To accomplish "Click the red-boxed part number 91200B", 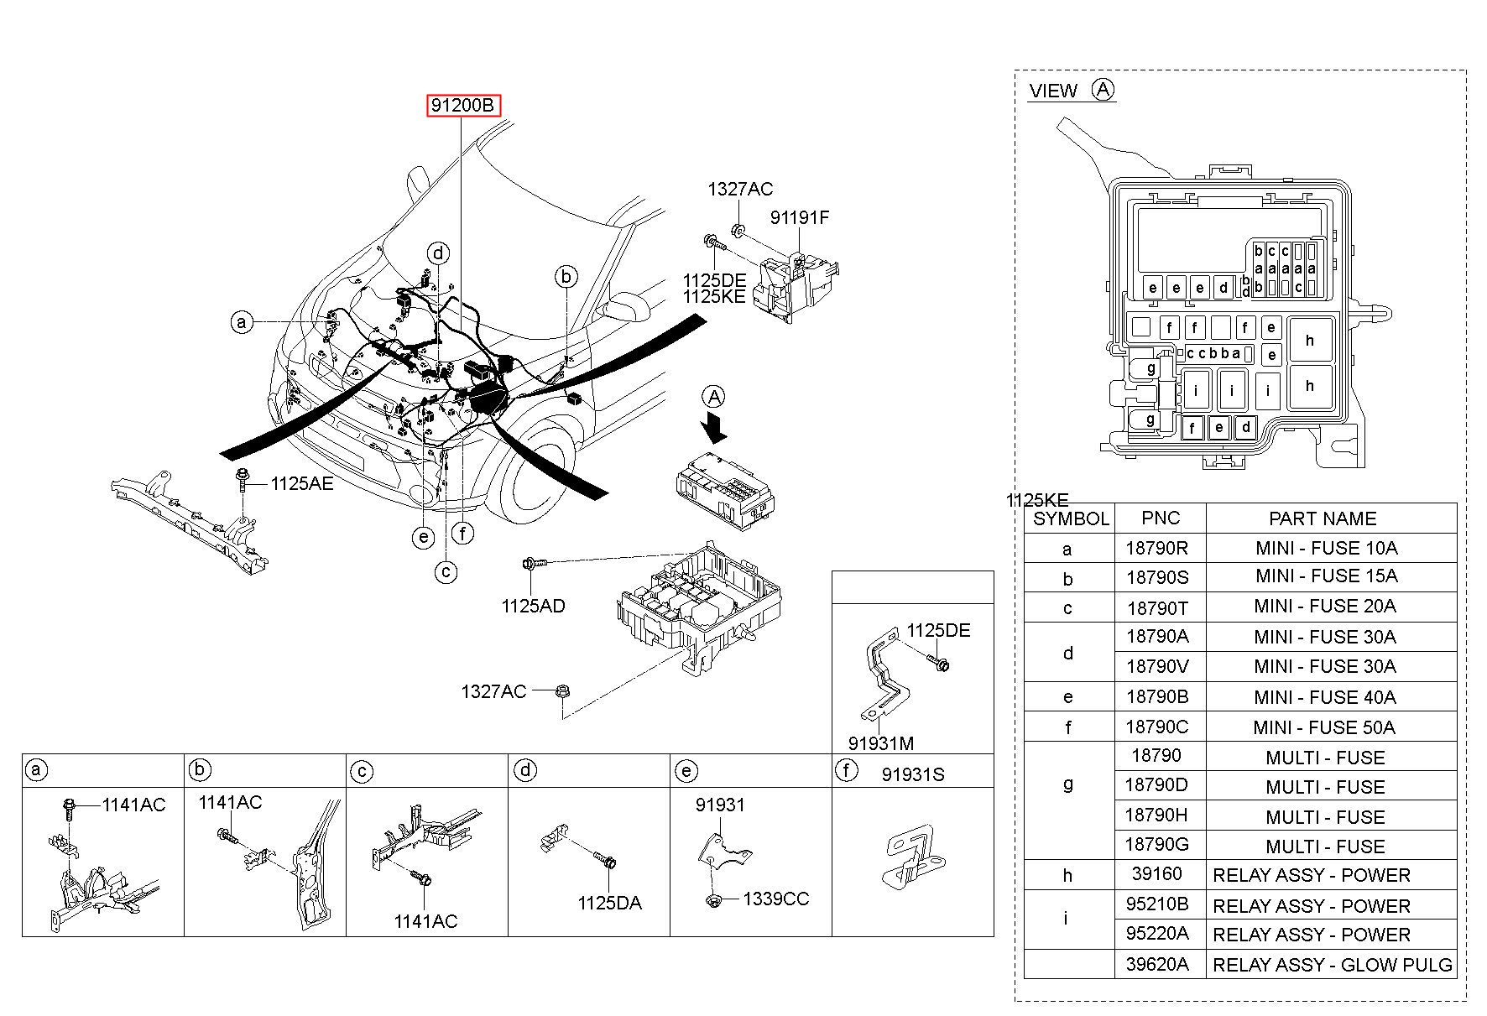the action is click(462, 106).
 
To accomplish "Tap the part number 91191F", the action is click(800, 218).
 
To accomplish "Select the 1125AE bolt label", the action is click(301, 484).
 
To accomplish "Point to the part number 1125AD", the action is click(534, 606).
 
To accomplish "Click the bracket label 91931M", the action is click(881, 742).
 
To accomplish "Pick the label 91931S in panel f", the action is click(913, 774).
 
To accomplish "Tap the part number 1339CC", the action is click(776, 899).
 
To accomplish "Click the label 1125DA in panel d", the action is click(609, 903).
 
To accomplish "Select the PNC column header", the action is click(1161, 518).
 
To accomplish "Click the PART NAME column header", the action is click(1323, 518).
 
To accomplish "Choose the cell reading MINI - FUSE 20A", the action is click(1325, 606).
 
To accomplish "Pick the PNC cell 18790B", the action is click(1157, 696).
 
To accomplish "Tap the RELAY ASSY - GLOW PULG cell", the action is click(1333, 965).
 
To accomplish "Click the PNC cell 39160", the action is click(1157, 874).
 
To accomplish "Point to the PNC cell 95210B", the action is click(1157, 905).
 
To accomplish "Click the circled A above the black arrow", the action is click(714, 397).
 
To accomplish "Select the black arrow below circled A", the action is click(714, 426).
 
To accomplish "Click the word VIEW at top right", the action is click(1053, 91).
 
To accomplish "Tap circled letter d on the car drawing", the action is click(438, 253).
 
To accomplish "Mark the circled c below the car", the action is click(446, 572).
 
